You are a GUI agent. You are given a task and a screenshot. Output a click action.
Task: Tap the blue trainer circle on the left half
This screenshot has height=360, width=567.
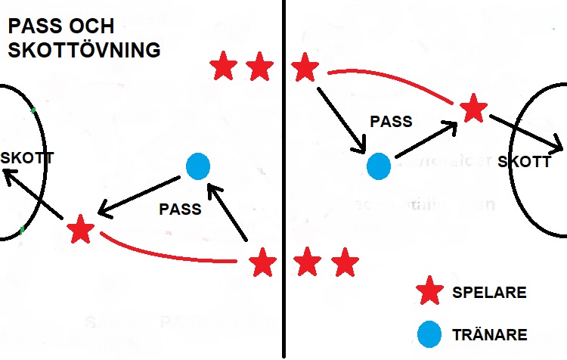(197, 166)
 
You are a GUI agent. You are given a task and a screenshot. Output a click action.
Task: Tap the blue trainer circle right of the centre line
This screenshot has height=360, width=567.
(379, 166)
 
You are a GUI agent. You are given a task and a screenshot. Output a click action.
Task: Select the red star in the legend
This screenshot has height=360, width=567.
(430, 290)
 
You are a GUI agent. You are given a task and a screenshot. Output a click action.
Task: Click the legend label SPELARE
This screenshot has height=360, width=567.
(489, 292)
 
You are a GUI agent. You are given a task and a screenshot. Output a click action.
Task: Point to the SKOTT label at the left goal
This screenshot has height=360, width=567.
(28, 160)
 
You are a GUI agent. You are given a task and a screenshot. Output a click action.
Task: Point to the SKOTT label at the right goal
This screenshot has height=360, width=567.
(524, 162)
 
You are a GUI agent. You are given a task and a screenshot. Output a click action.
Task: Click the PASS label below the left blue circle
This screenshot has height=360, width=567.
(180, 209)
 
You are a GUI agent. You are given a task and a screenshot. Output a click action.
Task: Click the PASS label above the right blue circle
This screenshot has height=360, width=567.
(391, 121)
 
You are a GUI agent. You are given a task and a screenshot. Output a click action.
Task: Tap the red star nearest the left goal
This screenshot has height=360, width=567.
(79, 229)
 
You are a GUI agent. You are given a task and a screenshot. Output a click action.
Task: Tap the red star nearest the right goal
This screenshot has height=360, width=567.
(473, 109)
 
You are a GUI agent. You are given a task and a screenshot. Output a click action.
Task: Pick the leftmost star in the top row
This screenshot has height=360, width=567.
(223, 67)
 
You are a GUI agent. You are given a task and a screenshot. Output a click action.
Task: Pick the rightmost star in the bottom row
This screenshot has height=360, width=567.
(345, 263)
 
